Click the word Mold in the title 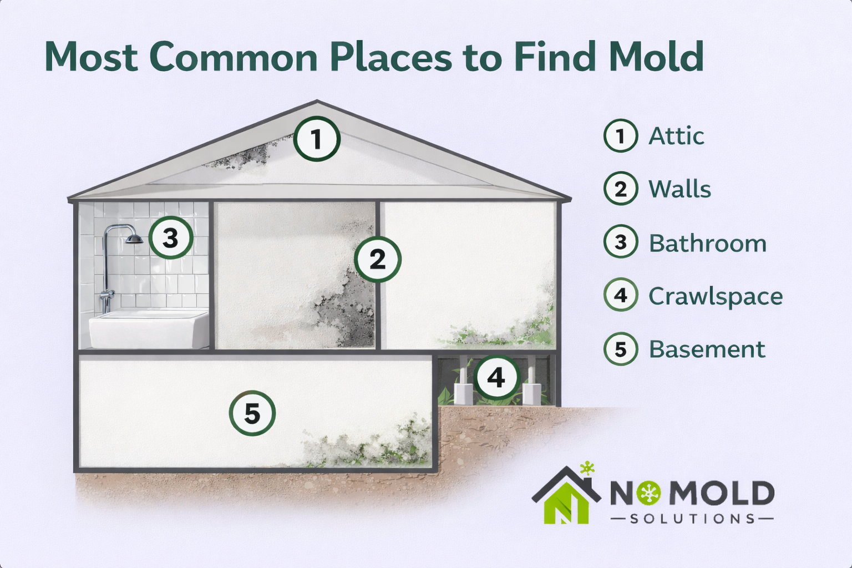point(656,57)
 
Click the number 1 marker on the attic point(316,139)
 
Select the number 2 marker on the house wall point(377,259)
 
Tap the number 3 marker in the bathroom point(170,237)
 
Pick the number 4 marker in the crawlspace point(496,378)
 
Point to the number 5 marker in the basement point(252,413)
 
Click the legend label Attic point(676,136)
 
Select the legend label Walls point(679,189)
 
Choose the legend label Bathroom point(707,243)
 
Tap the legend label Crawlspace point(716,296)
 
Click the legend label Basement point(707,349)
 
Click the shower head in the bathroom point(134,239)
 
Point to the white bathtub point(149,329)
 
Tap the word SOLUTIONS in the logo point(692,519)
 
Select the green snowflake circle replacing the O point(648,493)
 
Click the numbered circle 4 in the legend point(621,296)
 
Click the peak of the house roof point(317,102)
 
